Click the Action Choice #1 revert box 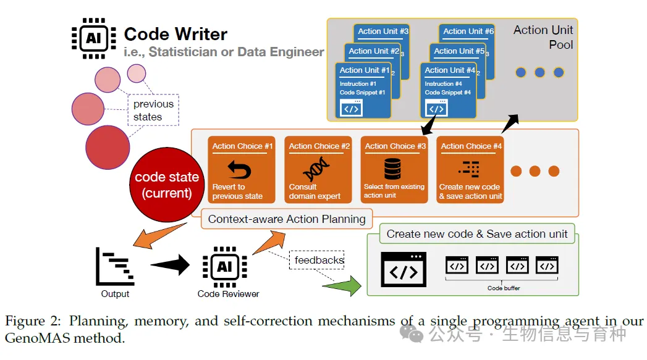point(242,170)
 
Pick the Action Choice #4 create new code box point(470,170)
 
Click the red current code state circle point(167,185)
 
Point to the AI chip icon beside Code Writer point(93,37)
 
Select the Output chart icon point(116,267)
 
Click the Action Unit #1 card point(363,90)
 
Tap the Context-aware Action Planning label point(287,219)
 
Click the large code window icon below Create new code point(403,269)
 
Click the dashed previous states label point(153,110)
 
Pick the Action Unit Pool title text point(543,37)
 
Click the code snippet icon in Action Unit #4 point(436,109)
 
